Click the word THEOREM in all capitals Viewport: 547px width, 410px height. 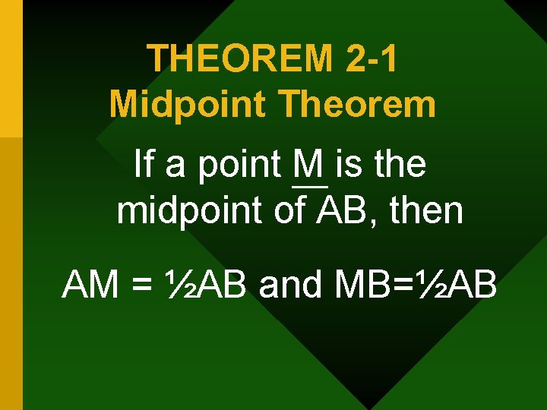pyautogui.click(x=239, y=59)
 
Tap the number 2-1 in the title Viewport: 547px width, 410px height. pyautogui.click(x=370, y=59)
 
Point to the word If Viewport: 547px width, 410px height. pyautogui.click(x=141, y=164)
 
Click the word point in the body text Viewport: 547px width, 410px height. pyautogui.click(x=241, y=166)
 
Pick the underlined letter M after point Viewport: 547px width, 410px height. pyautogui.click(x=309, y=164)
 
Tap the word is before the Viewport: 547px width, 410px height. pyautogui.click(x=350, y=164)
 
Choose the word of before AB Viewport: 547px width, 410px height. pyautogui.click(x=289, y=210)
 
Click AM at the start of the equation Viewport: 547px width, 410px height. pyautogui.click(x=89, y=285)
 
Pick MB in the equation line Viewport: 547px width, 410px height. pyautogui.click(x=358, y=285)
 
